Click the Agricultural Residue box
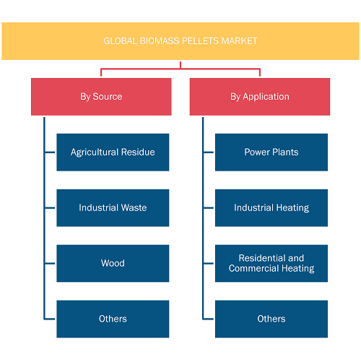113,153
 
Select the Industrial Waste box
113,207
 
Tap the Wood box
113,263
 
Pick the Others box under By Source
113,319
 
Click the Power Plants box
271,153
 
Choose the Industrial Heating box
271,207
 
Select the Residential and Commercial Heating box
271,263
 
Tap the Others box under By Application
271,319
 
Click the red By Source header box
101,97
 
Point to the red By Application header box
260,97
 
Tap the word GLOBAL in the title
121,41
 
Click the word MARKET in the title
239,41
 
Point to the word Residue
138,152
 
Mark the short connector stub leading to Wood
50,263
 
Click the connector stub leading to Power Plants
209,153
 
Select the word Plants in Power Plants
285,152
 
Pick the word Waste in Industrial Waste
134,207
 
